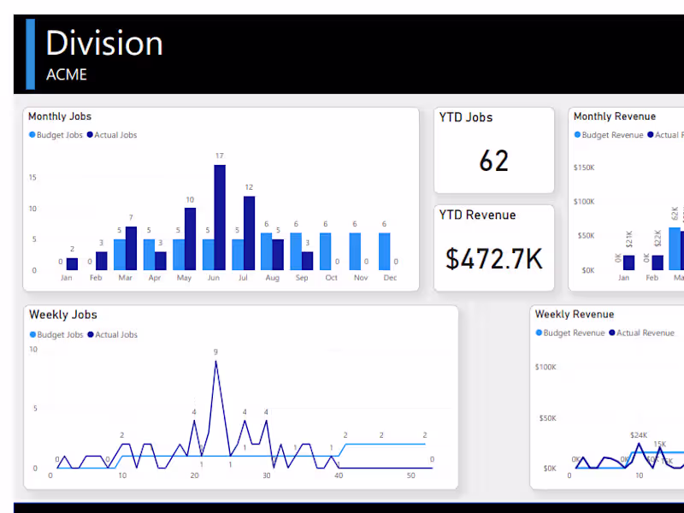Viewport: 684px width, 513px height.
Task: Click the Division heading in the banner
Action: tap(103, 44)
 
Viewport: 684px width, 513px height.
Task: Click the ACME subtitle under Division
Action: tap(67, 74)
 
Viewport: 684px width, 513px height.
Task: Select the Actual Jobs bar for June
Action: tap(220, 217)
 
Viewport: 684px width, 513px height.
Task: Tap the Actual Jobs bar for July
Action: tap(249, 233)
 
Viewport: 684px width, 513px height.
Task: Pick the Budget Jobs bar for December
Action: tap(384, 251)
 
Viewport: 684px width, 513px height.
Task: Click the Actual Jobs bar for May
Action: tap(190, 239)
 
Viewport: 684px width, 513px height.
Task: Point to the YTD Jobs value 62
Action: tap(494, 161)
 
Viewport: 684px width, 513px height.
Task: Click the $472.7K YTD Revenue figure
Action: tap(494, 257)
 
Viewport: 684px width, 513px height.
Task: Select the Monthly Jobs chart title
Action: tap(60, 116)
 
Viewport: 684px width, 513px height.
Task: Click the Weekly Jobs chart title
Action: tap(63, 315)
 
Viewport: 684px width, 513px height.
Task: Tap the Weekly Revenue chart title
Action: tap(575, 315)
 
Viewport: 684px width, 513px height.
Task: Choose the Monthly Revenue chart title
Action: tap(615, 116)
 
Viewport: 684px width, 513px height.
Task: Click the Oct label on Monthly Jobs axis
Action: tap(331, 278)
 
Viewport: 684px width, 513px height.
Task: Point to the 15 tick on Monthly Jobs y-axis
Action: tap(32, 178)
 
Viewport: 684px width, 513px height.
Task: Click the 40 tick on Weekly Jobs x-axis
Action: tap(339, 475)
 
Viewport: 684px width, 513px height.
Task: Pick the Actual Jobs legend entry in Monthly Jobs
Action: tap(115, 135)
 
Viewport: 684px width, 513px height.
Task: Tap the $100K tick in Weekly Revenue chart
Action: tap(545, 367)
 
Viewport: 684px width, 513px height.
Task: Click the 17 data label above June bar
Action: tap(220, 156)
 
